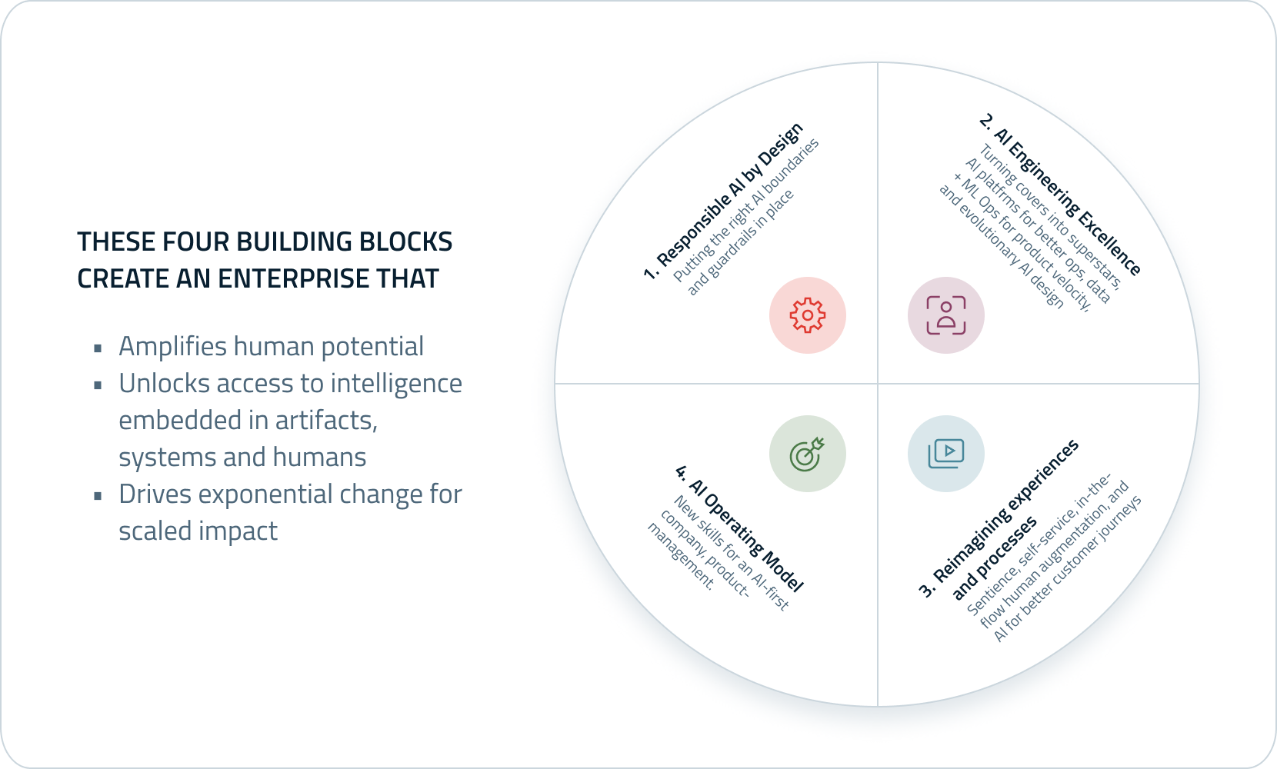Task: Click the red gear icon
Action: pos(808,315)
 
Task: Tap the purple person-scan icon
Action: pos(946,315)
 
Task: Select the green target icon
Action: pos(808,454)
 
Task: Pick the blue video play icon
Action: pos(946,454)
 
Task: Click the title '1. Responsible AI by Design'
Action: pos(723,201)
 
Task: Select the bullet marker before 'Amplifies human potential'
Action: pos(98,348)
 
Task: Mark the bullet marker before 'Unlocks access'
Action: pos(98,385)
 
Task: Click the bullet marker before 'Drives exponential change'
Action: pos(98,496)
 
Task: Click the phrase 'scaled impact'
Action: pos(198,531)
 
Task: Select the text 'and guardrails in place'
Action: pos(740,242)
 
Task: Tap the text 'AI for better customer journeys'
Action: pos(1068,569)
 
